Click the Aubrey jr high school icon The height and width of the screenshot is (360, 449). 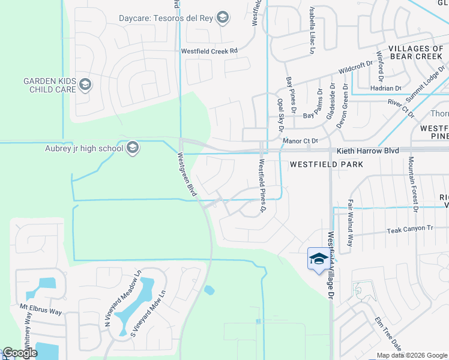[133, 148]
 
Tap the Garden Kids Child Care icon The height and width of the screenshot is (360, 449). [85, 85]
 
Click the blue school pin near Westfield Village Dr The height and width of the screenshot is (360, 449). [317, 259]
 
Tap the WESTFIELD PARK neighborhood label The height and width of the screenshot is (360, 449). [324, 163]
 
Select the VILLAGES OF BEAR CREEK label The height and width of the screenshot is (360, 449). [415, 52]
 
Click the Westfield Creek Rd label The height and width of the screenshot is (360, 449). [209, 51]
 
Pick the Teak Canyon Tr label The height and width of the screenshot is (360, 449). [409, 230]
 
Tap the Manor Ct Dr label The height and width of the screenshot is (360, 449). [300, 141]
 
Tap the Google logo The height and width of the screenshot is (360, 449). [20, 353]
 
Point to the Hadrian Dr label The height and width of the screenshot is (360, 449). [389, 88]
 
